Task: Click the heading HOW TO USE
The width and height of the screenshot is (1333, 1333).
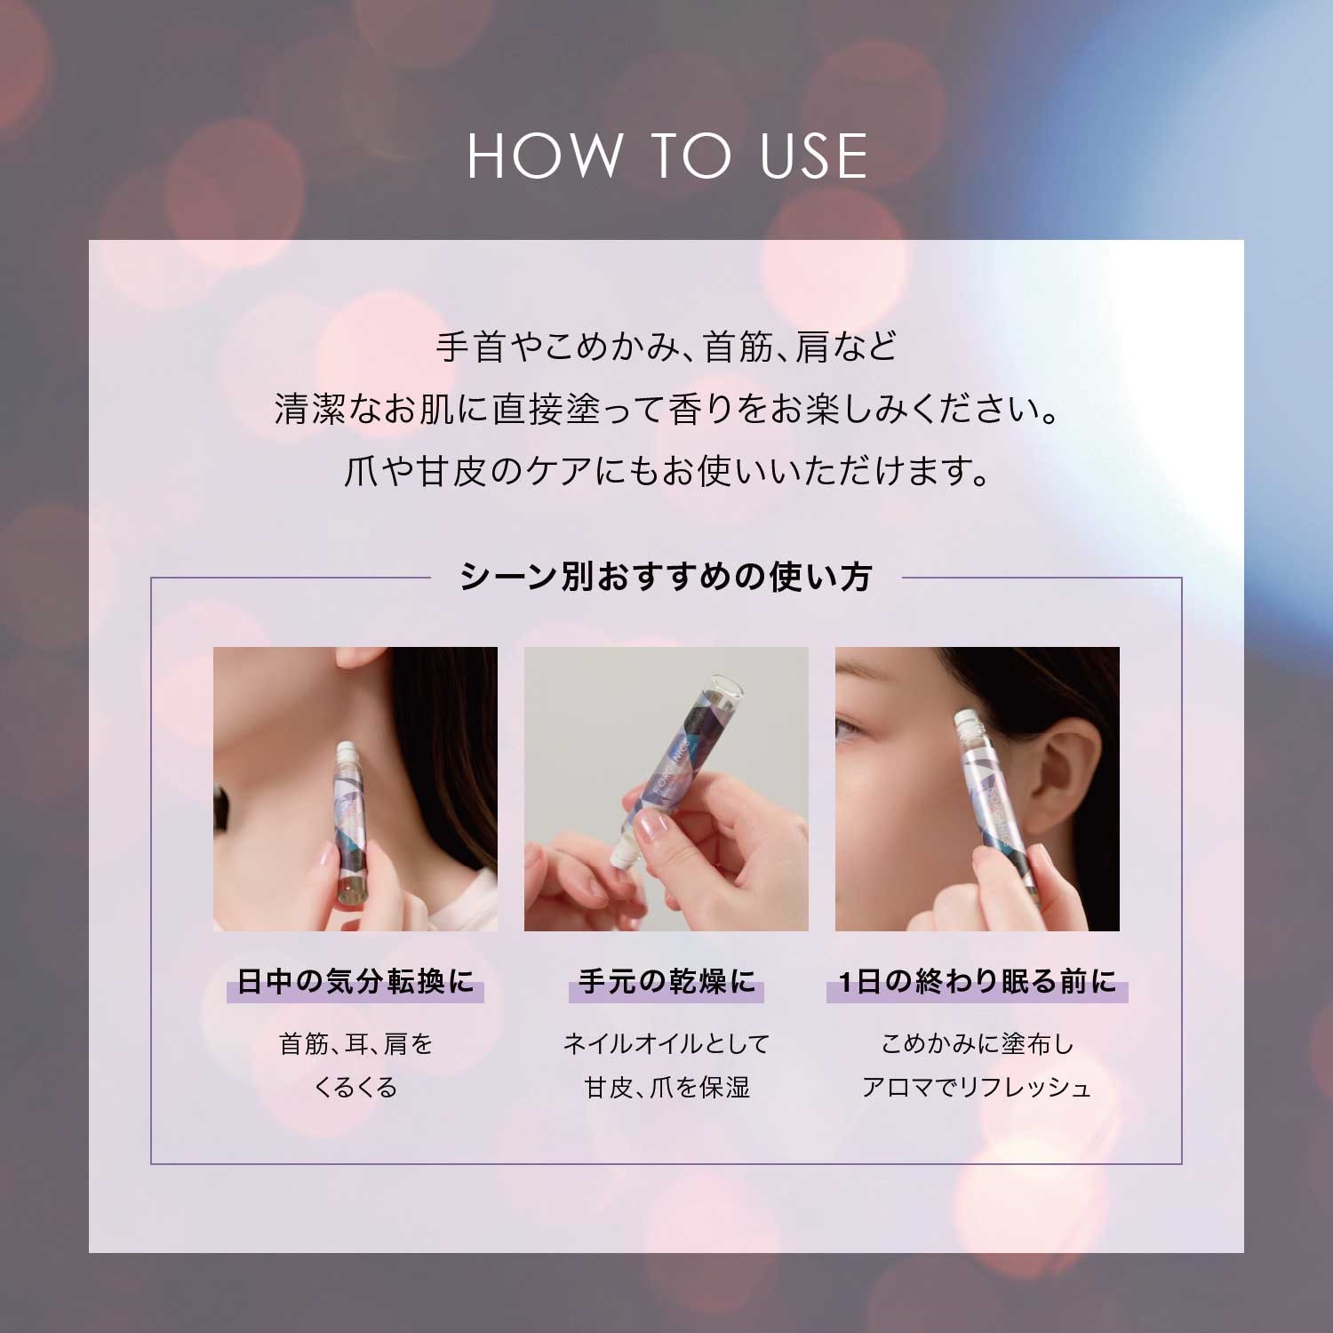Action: (667, 156)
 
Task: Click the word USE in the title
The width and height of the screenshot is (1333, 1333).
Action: (814, 156)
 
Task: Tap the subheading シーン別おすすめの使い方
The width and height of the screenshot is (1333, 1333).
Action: (666, 577)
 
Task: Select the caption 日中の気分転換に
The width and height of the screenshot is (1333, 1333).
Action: (355, 981)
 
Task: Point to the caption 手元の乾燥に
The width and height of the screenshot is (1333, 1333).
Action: (666, 981)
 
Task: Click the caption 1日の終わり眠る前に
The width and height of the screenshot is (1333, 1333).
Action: (978, 981)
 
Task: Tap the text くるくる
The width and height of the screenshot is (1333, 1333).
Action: (355, 1087)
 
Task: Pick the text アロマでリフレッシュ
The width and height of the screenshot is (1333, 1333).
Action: (977, 1087)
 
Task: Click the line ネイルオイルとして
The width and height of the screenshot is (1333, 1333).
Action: (666, 1043)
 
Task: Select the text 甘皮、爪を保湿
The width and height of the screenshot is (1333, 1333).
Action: (666, 1087)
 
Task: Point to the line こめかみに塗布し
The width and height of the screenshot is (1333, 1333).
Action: (978, 1043)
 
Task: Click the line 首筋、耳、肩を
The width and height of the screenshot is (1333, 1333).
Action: (355, 1043)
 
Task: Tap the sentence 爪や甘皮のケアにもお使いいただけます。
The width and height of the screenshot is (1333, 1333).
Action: (666, 471)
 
